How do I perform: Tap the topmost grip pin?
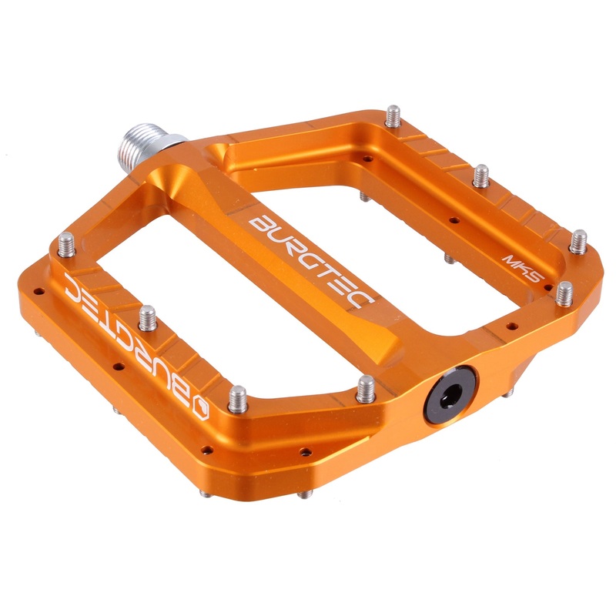(393, 118)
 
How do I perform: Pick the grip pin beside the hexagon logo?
(239, 399)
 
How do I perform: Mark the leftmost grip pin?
(65, 248)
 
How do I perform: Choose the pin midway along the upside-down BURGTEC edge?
(147, 317)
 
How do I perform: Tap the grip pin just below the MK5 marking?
(564, 293)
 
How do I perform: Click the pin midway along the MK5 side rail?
(481, 175)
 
